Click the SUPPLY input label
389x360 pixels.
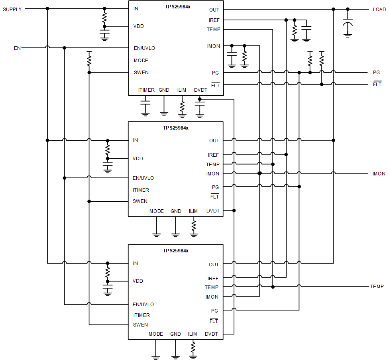pos(12,9)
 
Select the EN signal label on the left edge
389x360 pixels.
pos(17,48)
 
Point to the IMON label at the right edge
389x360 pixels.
pos(379,174)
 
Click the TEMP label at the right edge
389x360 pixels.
pos(377,287)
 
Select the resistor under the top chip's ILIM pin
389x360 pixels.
pos(182,106)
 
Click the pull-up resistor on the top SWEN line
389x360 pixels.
pos(89,60)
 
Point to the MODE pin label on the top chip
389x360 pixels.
pos(141,61)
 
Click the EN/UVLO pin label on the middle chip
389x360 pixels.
pos(143,178)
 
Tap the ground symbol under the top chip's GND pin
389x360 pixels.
pos(163,113)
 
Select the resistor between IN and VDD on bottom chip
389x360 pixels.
pos(107,272)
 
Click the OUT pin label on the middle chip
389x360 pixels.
pos(214,140)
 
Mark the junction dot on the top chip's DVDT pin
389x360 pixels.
pos(200,99)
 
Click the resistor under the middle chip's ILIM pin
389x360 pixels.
pos(194,226)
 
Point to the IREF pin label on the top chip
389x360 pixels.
pos(214,20)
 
